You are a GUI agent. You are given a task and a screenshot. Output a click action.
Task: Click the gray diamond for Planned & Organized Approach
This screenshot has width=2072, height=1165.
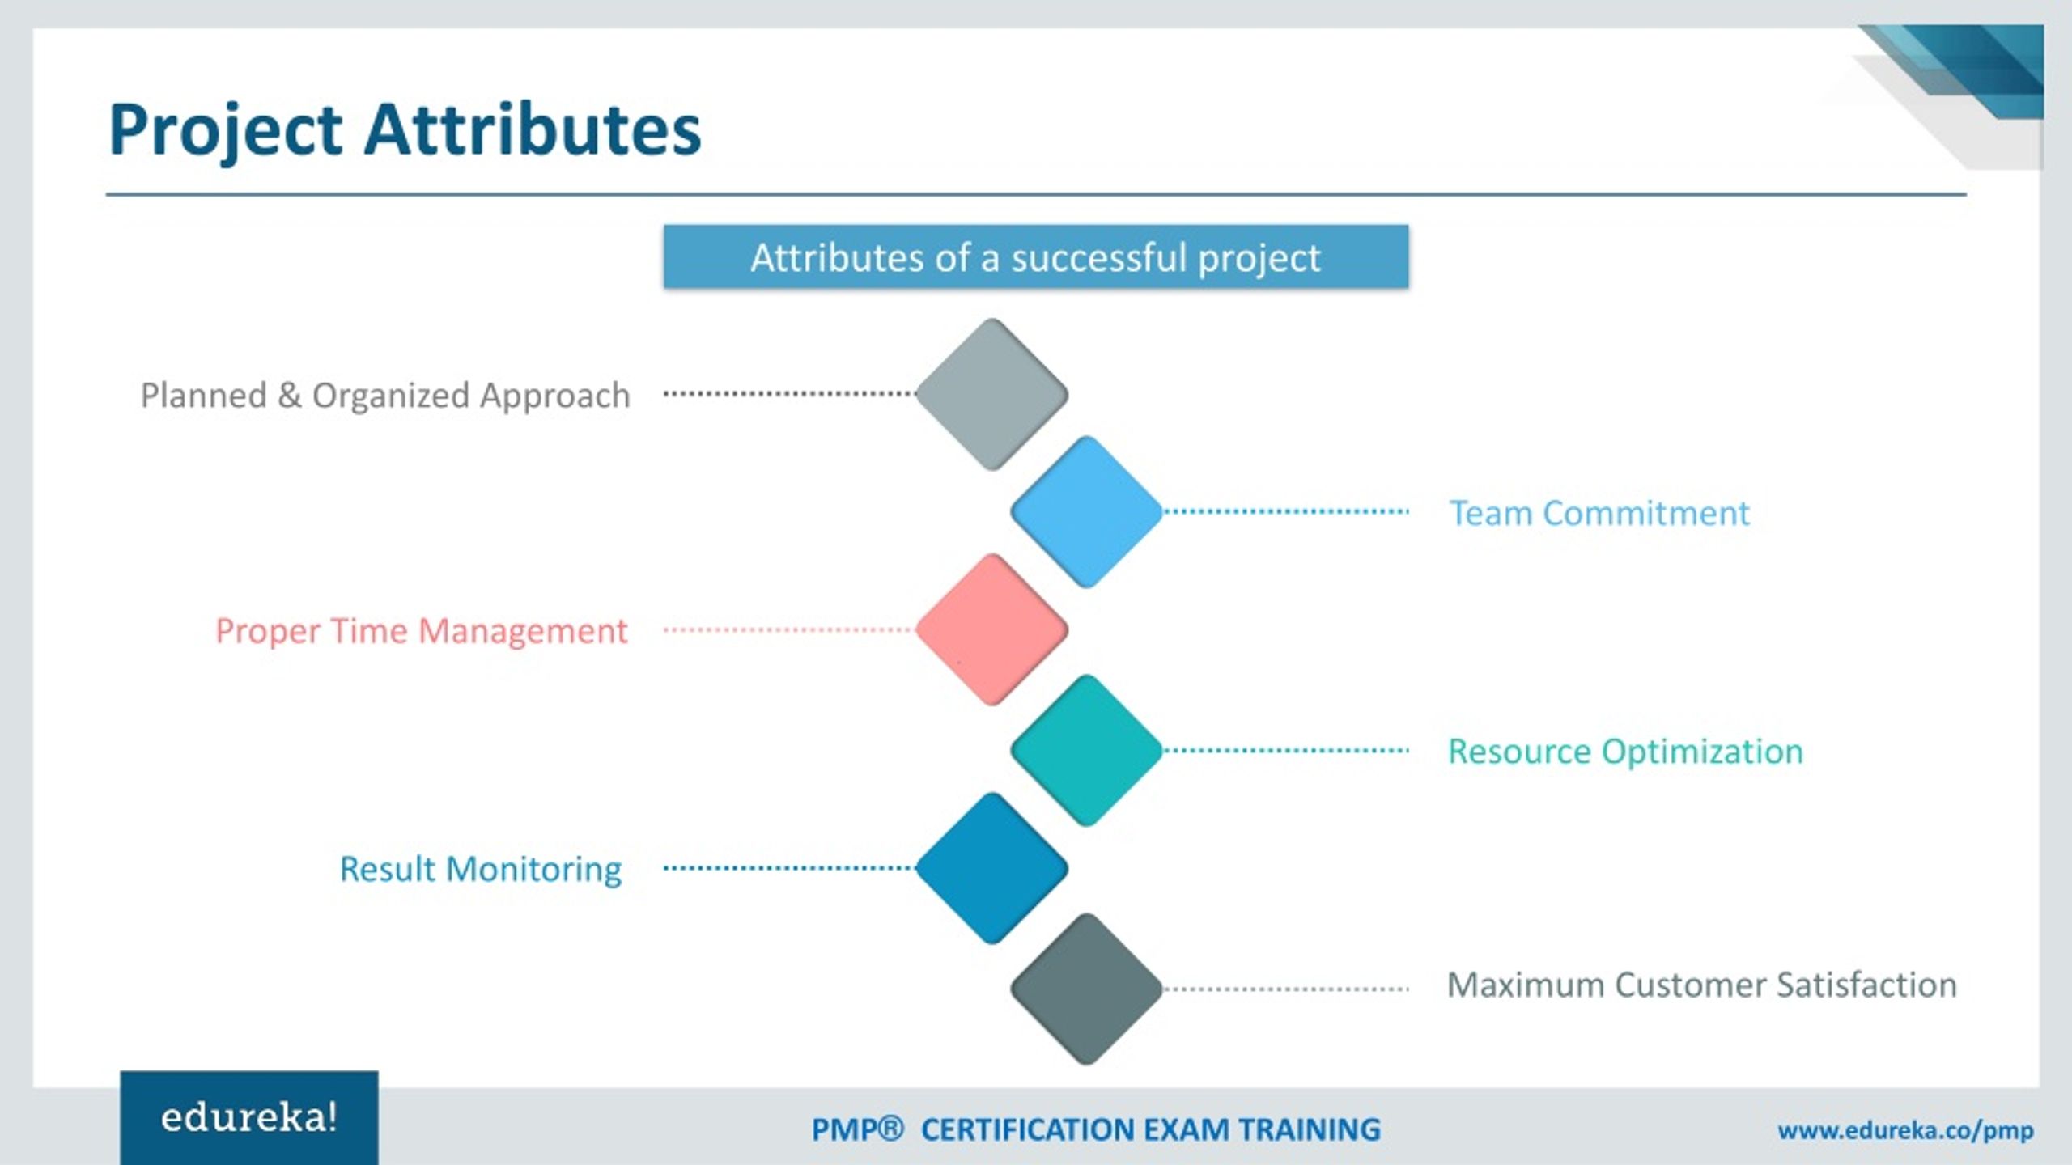click(x=991, y=394)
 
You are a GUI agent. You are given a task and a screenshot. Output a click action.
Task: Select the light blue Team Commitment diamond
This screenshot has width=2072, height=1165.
click(x=1086, y=511)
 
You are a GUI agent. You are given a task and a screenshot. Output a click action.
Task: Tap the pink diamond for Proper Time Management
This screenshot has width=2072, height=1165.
click(x=991, y=629)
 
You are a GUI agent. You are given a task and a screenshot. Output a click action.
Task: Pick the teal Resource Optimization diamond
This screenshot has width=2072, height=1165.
click(x=1086, y=750)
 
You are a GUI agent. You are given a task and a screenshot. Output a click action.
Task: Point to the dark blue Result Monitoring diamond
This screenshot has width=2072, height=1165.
click(x=991, y=868)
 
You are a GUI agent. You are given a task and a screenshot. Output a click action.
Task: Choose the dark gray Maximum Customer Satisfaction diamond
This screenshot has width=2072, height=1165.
click(x=1086, y=989)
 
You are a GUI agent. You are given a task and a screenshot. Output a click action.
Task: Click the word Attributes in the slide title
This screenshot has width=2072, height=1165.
click(x=532, y=129)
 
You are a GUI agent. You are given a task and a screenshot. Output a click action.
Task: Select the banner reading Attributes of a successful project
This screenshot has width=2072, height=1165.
click(x=1035, y=257)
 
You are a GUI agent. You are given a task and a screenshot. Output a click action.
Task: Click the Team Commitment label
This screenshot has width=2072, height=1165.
click(x=1599, y=513)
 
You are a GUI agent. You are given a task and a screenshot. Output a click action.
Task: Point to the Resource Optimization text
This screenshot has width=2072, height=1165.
click(x=1625, y=752)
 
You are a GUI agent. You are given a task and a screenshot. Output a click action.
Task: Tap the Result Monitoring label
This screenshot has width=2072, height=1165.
click(x=480, y=870)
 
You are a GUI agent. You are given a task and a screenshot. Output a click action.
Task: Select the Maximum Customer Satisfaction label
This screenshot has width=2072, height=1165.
click(x=1701, y=985)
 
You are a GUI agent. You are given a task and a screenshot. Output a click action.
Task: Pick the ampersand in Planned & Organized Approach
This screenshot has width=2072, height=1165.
click(x=289, y=396)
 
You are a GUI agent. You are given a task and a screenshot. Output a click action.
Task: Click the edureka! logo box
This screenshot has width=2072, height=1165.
click(x=248, y=1118)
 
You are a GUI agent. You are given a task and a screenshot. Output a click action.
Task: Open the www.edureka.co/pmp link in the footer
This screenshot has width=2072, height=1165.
click(x=1905, y=1130)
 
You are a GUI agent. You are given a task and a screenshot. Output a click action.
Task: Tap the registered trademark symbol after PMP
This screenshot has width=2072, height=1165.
click(x=889, y=1129)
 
